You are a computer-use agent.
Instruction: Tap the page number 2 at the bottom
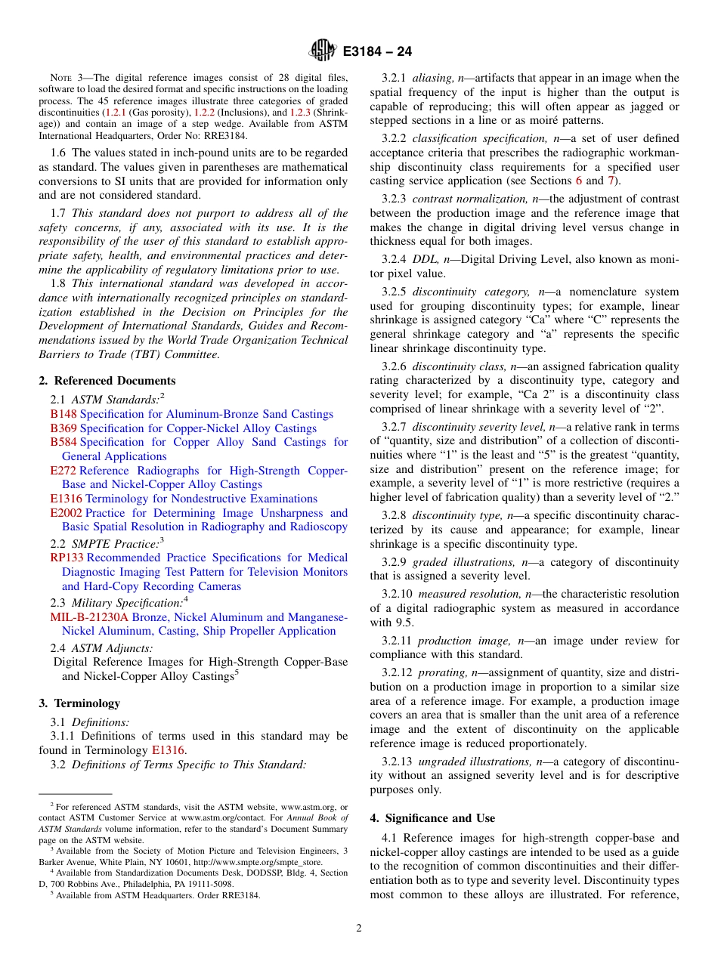pos(359,929)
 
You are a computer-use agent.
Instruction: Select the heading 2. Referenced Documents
pos(107,381)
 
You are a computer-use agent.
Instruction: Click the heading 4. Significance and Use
pos(432,818)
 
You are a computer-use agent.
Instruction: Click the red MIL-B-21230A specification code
pos(89,617)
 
